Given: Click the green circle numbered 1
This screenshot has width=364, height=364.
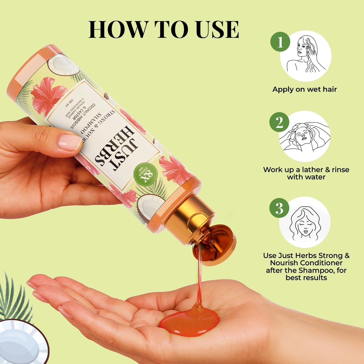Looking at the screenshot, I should pos(280,42).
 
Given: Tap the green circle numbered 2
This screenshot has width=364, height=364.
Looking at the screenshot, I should pos(279,122).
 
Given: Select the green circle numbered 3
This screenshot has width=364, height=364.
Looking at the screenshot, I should pos(279,208).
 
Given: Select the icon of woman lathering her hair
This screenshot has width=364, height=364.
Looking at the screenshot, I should pos(305,136).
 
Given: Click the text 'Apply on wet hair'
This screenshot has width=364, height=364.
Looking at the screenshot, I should pos(305,89).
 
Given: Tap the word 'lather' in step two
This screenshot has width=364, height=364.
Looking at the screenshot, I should pos(314,170).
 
